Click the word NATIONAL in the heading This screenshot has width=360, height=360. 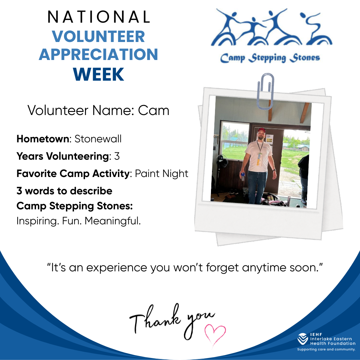click(99, 17)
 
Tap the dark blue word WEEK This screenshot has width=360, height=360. click(98, 74)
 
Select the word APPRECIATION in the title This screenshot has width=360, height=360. click(98, 54)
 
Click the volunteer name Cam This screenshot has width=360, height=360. click(154, 110)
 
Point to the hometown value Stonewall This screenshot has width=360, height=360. click(98, 139)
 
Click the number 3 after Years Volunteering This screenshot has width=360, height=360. click(117, 156)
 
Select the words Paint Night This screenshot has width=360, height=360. click(162, 174)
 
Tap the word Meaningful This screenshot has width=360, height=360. click(113, 221)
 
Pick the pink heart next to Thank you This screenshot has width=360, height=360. click(215, 334)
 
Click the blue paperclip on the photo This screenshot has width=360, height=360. click(265, 91)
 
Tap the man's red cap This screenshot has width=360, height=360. click(262, 130)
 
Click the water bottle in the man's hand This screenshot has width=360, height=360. click(243, 176)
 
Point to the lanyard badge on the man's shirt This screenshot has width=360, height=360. click(260, 158)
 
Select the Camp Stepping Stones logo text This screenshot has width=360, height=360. click(270, 58)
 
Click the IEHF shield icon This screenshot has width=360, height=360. click(303, 339)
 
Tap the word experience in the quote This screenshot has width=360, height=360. click(117, 268)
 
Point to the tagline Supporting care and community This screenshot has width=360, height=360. click(326, 349)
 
